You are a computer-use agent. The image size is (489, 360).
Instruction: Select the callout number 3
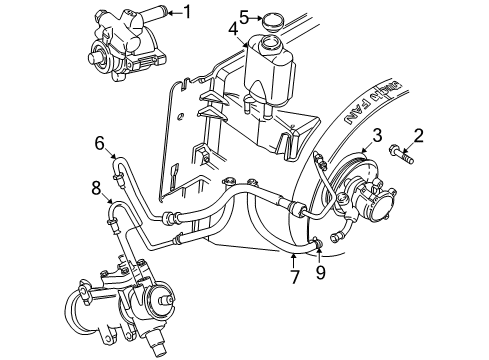tap(377, 135)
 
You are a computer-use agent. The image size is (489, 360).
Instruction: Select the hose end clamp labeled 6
tap(118, 181)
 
